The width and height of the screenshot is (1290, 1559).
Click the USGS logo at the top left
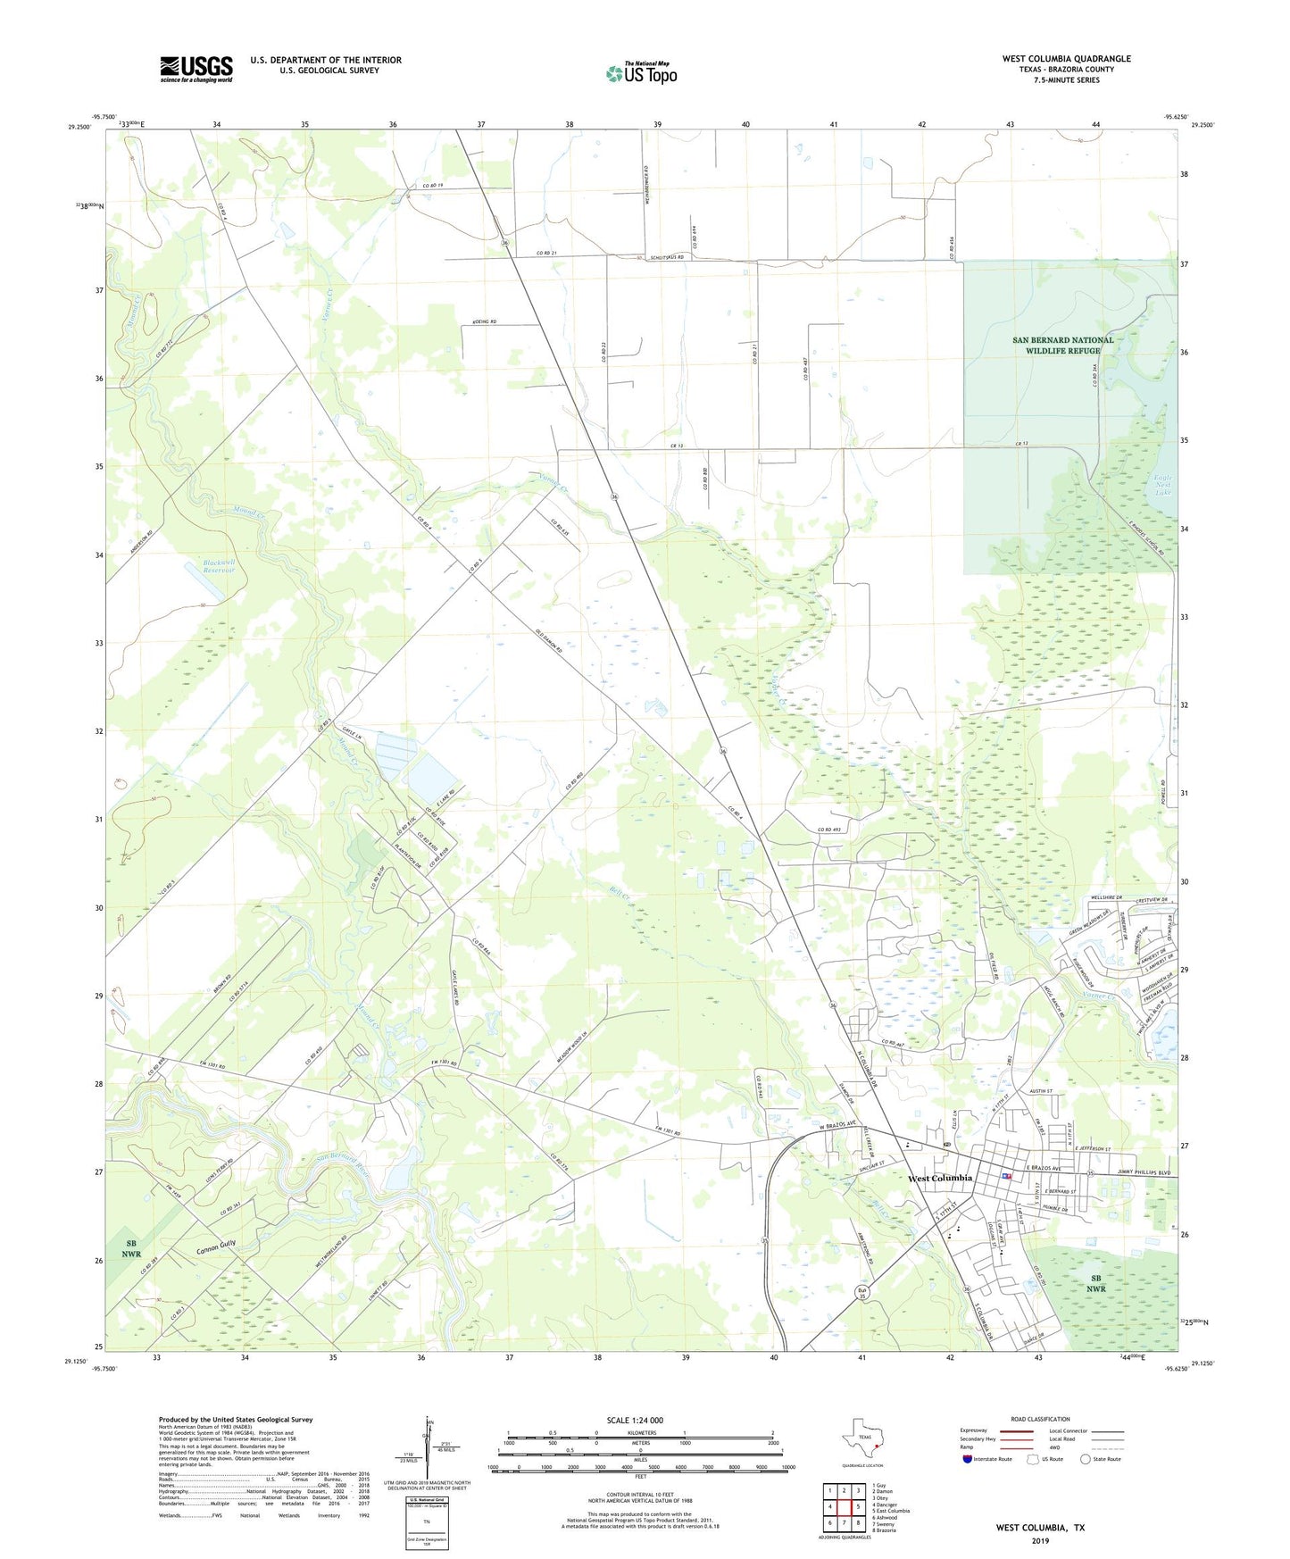click(x=196, y=69)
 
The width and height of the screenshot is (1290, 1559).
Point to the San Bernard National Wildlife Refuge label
click(x=1063, y=346)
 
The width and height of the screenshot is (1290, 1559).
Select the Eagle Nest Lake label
click(x=1162, y=485)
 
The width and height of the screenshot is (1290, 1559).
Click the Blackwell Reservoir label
click(x=219, y=568)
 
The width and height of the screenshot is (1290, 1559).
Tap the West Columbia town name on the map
click(x=940, y=1179)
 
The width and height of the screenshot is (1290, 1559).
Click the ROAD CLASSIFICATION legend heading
click(x=1040, y=1419)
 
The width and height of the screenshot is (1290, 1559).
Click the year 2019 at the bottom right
click(x=1041, y=1541)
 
